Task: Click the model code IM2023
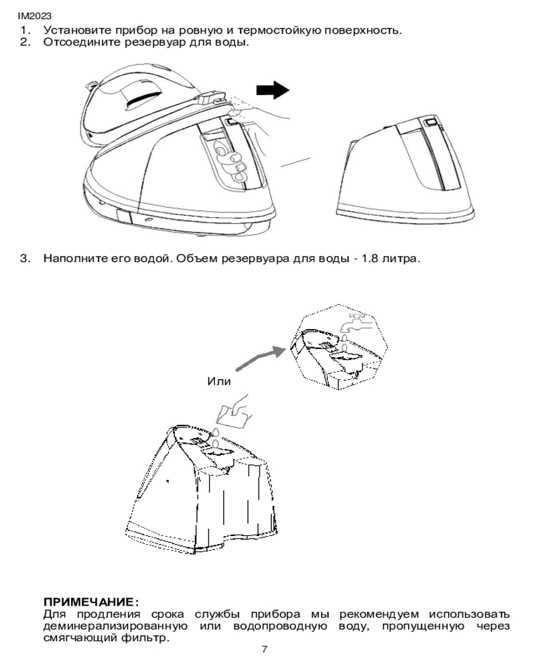click(x=35, y=16)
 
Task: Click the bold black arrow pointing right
click(x=273, y=90)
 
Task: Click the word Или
click(x=219, y=381)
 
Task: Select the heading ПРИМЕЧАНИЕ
click(x=91, y=602)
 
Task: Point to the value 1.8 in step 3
click(x=370, y=259)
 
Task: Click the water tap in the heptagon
click(x=355, y=324)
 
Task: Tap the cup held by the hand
click(x=233, y=415)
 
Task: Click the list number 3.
click(x=25, y=259)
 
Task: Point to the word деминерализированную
click(x=115, y=626)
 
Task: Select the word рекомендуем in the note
click(x=379, y=615)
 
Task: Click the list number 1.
click(x=25, y=31)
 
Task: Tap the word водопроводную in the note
click(x=280, y=627)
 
